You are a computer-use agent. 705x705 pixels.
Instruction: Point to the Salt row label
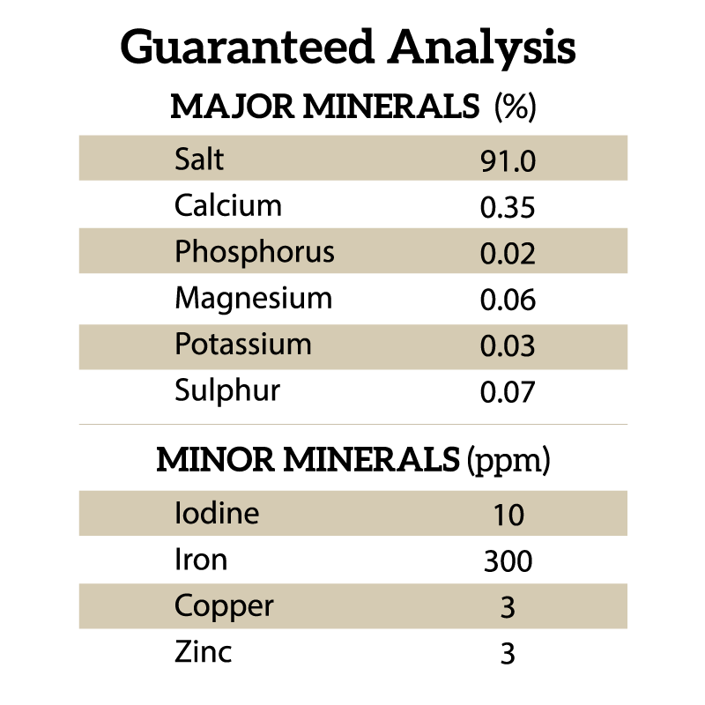coord(199,160)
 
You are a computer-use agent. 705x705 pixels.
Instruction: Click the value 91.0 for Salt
coord(508,161)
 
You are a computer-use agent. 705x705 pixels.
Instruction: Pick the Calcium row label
coord(228,206)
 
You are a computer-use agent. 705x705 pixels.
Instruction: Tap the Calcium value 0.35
coord(508,208)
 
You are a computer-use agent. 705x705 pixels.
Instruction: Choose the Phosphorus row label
coord(255,252)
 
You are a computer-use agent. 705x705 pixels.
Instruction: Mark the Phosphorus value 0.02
coord(508,254)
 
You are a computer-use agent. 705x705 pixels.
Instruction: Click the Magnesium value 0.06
coord(508,301)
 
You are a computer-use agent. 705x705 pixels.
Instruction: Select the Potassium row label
coord(243,344)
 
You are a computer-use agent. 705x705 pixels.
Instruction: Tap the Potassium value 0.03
coord(508,346)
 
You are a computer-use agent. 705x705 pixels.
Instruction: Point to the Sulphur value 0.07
coord(508,392)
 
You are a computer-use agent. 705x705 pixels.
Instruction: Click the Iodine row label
coord(217,513)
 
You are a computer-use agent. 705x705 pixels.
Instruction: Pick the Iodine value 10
coord(508,515)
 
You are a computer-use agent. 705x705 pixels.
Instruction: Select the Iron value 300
coord(508,560)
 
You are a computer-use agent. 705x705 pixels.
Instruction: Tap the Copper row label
coord(224,607)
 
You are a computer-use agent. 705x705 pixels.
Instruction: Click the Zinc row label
coord(204,652)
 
